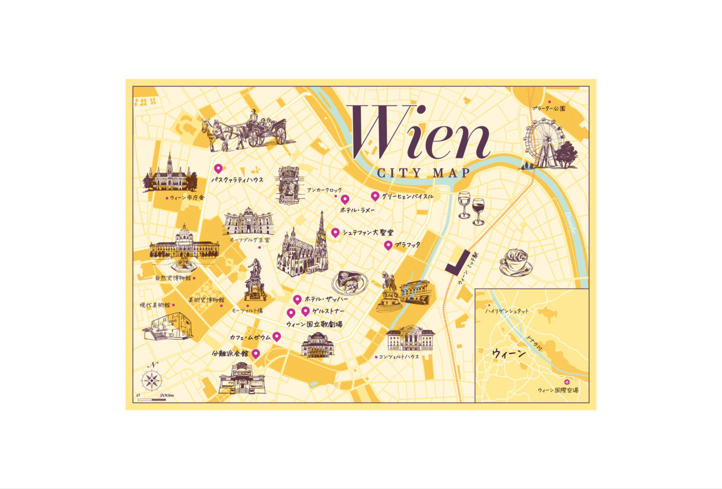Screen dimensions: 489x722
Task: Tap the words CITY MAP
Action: (x=423, y=173)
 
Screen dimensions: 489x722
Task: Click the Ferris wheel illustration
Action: (x=541, y=143)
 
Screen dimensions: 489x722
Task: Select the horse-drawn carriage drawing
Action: (x=245, y=131)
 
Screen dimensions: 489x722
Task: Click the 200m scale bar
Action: (x=152, y=399)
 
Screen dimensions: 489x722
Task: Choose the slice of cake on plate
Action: (x=350, y=282)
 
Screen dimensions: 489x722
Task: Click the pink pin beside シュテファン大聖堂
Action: (x=335, y=232)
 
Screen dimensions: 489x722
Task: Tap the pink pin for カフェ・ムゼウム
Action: (x=277, y=336)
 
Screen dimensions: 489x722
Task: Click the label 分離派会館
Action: (x=230, y=353)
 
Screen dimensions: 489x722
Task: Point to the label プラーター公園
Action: (x=548, y=109)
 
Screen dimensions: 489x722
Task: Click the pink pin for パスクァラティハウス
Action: (x=218, y=168)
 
